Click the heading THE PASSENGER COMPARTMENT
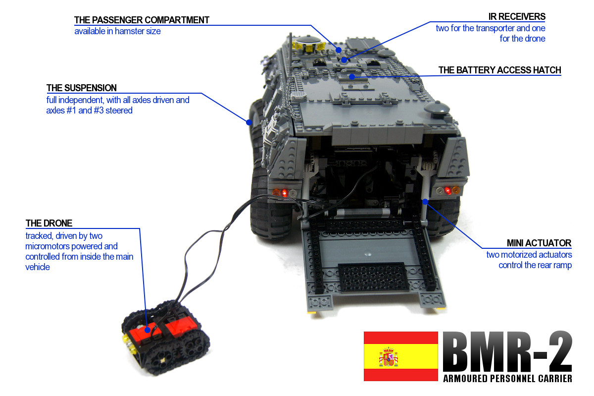(x=142, y=20)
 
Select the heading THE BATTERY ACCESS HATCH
(x=499, y=70)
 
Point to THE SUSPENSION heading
(x=82, y=88)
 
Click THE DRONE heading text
(x=49, y=224)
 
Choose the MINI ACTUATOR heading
(x=539, y=243)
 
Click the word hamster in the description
(x=130, y=31)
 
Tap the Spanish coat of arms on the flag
(x=389, y=356)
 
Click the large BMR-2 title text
(x=507, y=351)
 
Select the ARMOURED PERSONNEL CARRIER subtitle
(x=507, y=379)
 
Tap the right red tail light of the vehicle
(x=447, y=190)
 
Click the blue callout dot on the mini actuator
(x=425, y=201)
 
